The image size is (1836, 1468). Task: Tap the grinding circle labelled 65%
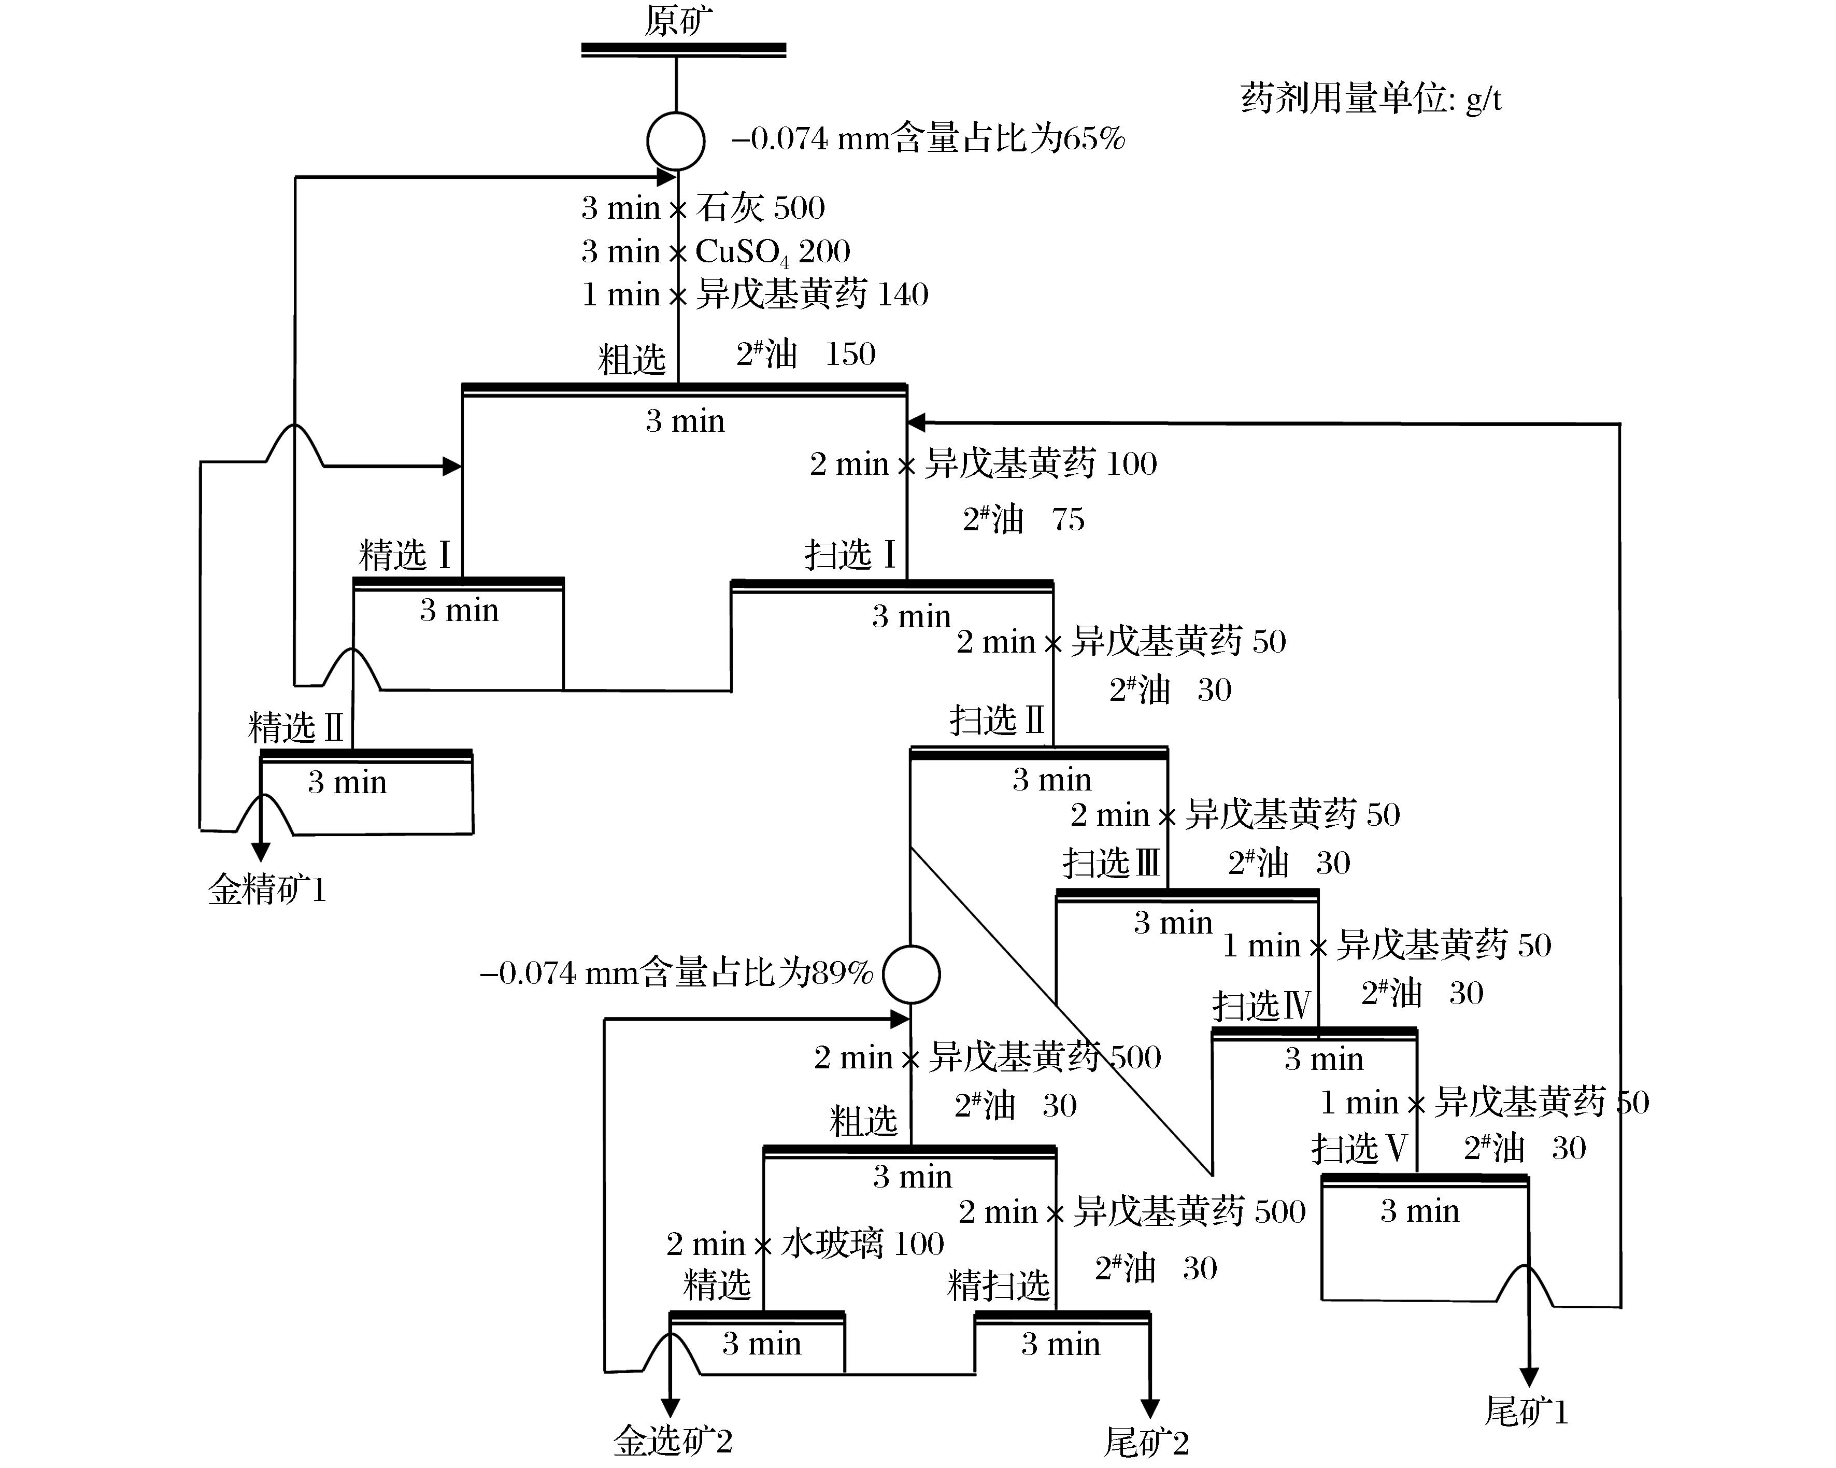675,140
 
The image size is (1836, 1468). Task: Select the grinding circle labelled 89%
910,974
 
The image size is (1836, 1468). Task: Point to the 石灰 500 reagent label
760,207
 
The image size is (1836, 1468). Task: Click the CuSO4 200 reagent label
772,251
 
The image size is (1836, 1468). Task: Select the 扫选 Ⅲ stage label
1112,863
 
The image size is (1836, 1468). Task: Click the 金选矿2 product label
673,1441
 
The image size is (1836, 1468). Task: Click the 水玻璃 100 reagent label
862,1244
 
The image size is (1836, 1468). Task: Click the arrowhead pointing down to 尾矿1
1529,1377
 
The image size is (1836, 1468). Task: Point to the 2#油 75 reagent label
1023,519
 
